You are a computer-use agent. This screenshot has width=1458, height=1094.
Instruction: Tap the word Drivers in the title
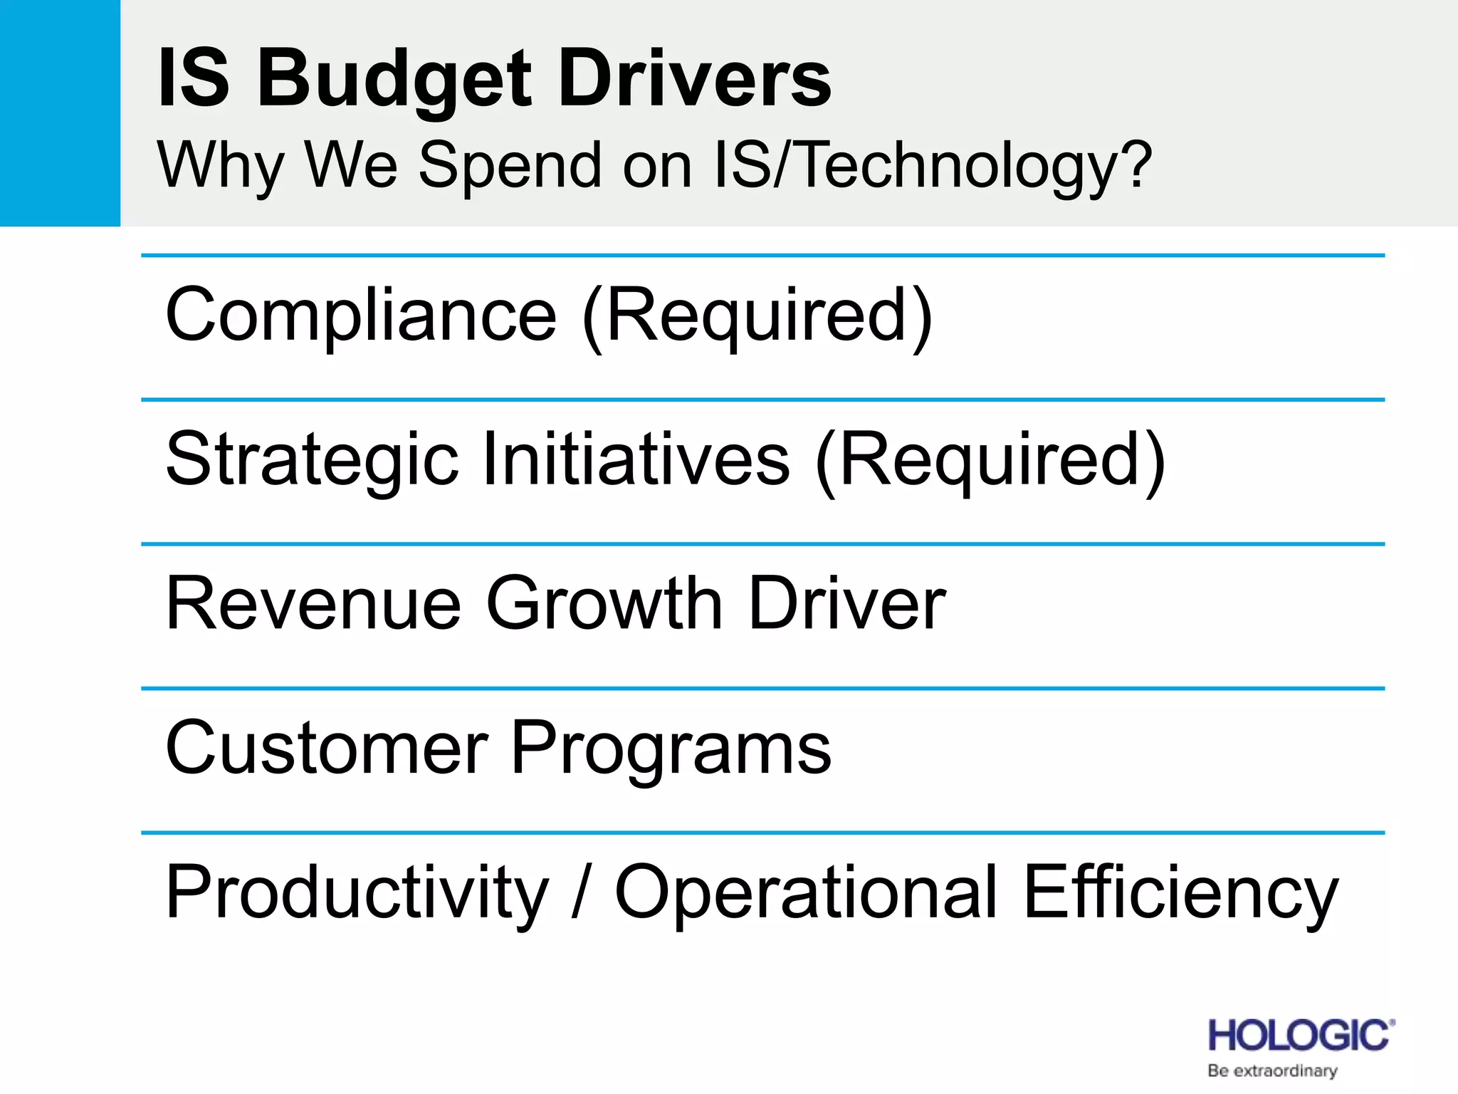(695, 78)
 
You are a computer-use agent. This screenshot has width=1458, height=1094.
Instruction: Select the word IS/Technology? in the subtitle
(932, 165)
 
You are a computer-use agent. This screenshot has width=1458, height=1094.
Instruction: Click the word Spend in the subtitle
(510, 165)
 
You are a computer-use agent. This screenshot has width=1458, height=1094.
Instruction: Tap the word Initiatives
(636, 459)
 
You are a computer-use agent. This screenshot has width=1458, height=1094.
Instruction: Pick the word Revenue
(313, 604)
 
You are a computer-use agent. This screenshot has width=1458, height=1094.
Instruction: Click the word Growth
(604, 604)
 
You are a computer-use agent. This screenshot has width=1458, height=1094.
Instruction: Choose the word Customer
(327, 748)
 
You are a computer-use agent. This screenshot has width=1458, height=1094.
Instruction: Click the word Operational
(806, 893)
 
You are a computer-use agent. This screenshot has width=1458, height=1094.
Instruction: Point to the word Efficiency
(1181, 893)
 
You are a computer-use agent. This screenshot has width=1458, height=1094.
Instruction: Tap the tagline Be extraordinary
(1272, 1070)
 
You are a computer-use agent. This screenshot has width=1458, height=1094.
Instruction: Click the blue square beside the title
(60, 113)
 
